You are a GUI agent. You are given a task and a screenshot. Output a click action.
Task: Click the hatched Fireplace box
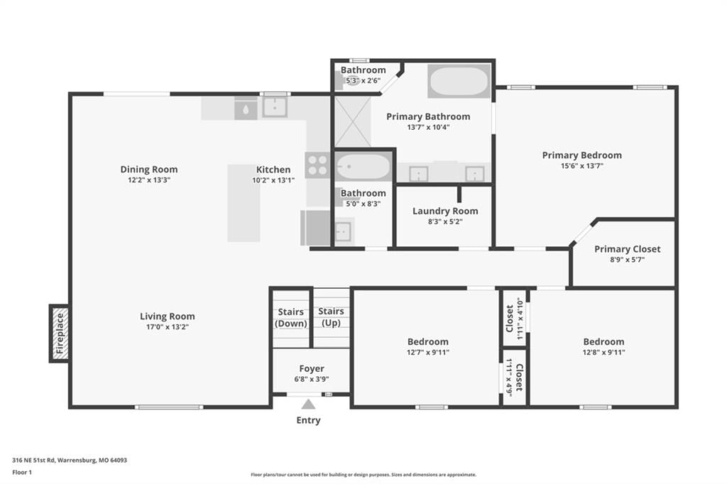point(60,334)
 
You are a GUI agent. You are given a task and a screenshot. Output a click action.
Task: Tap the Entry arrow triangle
point(308,405)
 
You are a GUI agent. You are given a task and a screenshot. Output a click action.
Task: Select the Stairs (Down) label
point(290,317)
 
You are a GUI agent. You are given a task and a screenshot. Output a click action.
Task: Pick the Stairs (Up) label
point(331,317)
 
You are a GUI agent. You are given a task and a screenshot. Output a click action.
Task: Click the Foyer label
point(312,368)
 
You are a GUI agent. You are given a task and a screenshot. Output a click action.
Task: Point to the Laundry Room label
point(445,211)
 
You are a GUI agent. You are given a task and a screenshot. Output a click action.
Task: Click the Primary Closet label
point(628,249)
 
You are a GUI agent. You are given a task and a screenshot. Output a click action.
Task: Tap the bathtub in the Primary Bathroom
point(459,81)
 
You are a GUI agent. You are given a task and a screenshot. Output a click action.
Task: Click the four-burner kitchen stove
point(317,165)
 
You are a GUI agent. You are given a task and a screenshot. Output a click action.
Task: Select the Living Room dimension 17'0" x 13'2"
point(168,327)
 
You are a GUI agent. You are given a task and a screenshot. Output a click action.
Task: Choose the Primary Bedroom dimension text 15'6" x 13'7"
point(582,165)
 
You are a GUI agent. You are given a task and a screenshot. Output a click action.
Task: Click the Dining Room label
point(149,169)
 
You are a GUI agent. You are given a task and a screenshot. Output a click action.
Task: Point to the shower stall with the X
point(353,121)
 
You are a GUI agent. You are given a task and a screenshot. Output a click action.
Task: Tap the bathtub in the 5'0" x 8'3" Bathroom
point(363,167)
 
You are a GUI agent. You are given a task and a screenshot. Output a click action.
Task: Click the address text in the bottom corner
point(70,461)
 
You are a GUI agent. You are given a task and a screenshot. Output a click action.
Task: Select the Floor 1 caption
point(22,473)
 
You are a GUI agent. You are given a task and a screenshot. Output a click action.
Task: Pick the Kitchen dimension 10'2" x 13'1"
point(273,180)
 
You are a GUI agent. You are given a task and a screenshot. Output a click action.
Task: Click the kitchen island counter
point(244,203)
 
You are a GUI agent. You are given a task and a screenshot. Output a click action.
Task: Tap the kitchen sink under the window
point(275,107)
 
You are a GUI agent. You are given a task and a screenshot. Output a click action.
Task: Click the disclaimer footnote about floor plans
point(363,475)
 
